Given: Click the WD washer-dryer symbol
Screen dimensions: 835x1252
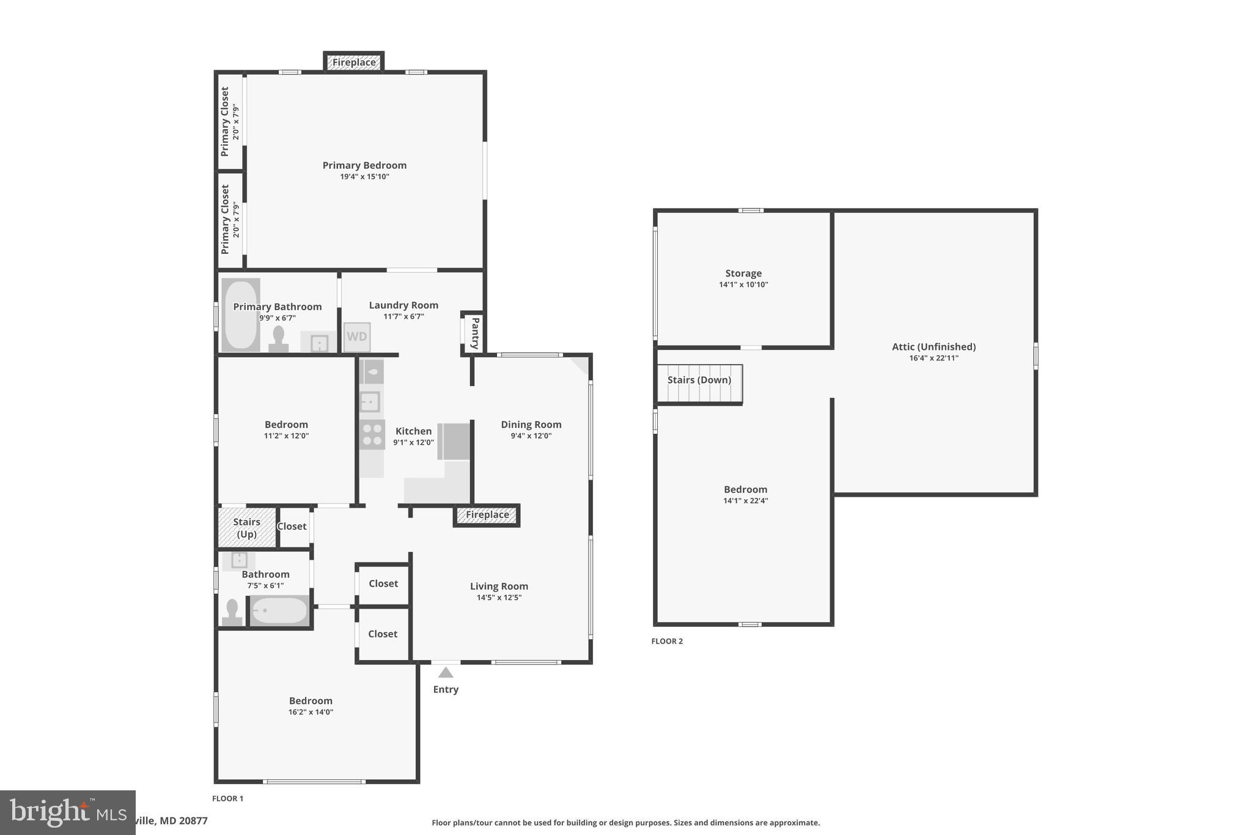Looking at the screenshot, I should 357,337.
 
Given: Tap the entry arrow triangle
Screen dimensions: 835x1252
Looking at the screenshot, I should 446,673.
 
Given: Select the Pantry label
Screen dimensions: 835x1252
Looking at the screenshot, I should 475,333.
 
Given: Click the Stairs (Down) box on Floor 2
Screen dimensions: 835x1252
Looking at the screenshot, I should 699,384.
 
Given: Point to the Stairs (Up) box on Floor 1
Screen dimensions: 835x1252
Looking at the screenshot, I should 247,527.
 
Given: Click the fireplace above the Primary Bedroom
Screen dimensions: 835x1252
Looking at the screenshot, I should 354,62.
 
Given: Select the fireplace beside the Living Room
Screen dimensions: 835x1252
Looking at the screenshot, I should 487,515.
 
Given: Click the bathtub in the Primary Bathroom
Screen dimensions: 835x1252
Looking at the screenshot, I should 240,315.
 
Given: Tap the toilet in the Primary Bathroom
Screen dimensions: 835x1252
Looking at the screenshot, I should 279,340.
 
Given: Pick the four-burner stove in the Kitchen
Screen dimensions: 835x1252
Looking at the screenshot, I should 372,434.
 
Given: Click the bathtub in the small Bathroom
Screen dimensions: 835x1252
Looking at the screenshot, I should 279,610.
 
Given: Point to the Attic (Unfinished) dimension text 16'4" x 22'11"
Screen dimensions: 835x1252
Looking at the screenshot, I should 933,358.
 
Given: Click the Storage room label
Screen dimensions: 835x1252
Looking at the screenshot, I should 743,273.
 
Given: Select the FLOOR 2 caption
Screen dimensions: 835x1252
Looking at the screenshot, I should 667,641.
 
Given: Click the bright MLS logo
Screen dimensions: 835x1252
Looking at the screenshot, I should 67,812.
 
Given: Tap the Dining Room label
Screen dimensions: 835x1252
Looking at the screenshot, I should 531,425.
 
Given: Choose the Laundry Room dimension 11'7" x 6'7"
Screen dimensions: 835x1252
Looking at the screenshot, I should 403,317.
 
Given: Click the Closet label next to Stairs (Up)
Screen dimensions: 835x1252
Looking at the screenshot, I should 292,526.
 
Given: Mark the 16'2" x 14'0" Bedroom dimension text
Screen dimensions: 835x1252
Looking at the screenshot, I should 311,712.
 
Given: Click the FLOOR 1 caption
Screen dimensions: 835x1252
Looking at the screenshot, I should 227,798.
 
